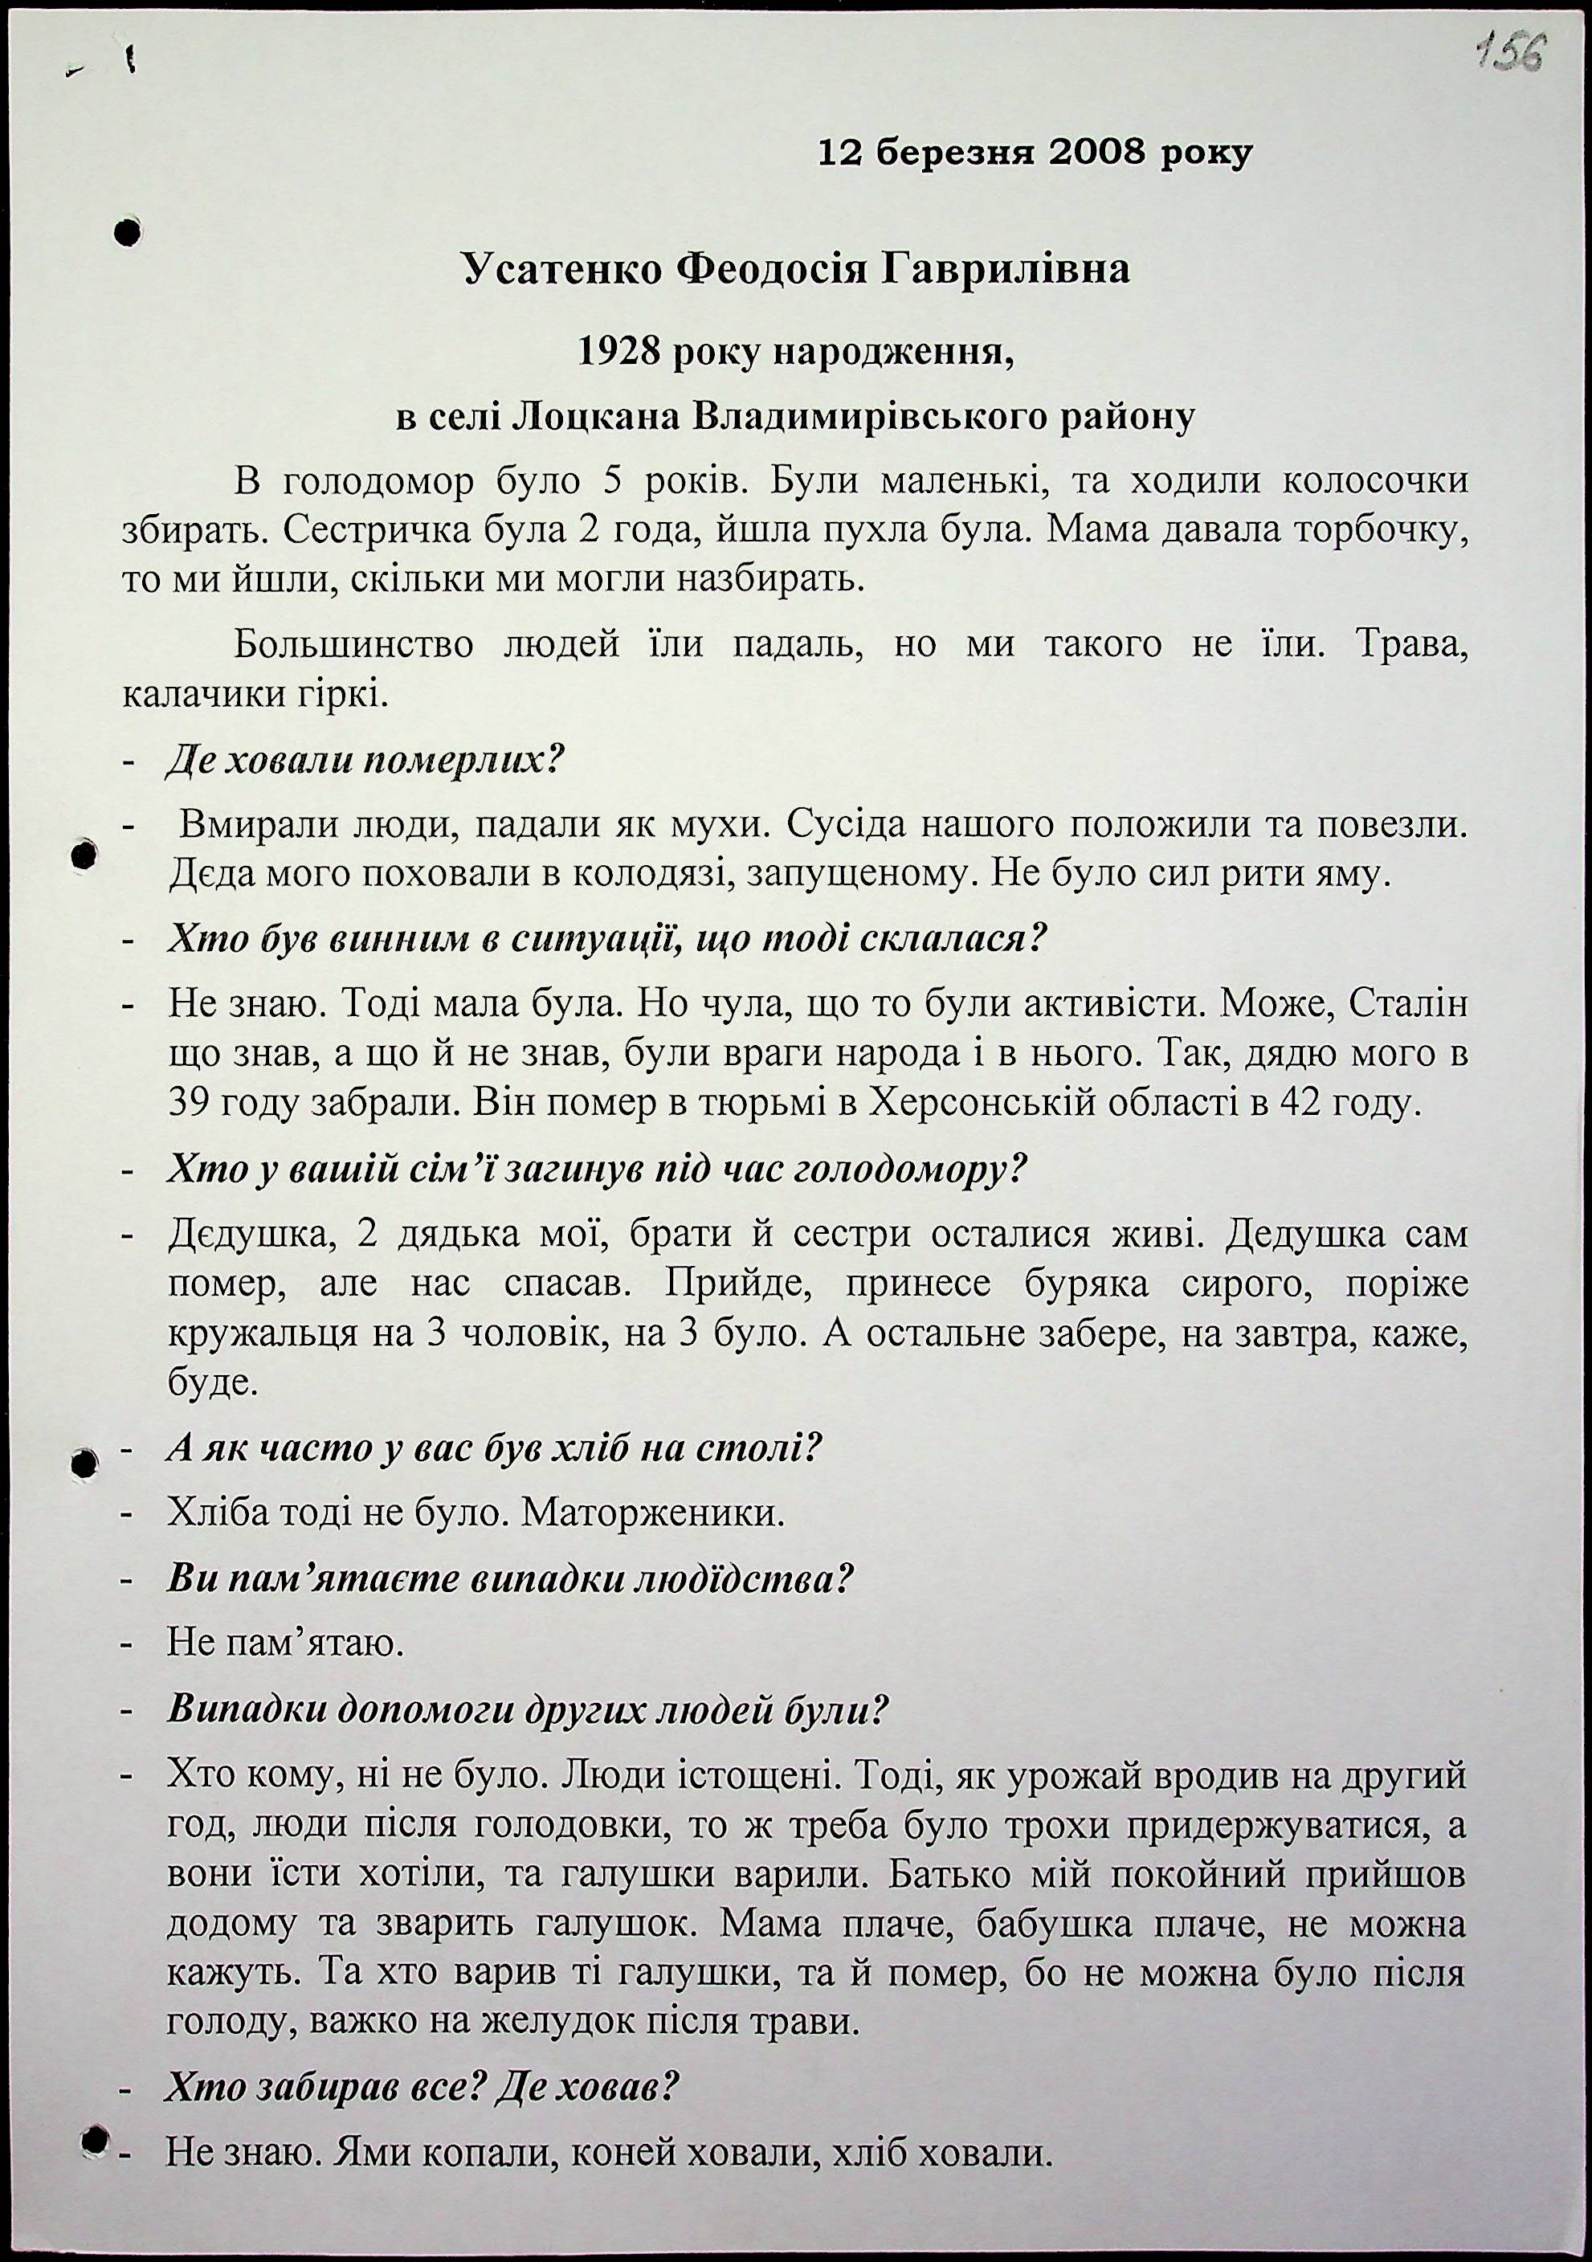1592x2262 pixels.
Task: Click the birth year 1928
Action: (617, 352)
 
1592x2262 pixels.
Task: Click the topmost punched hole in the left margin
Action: (127, 232)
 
